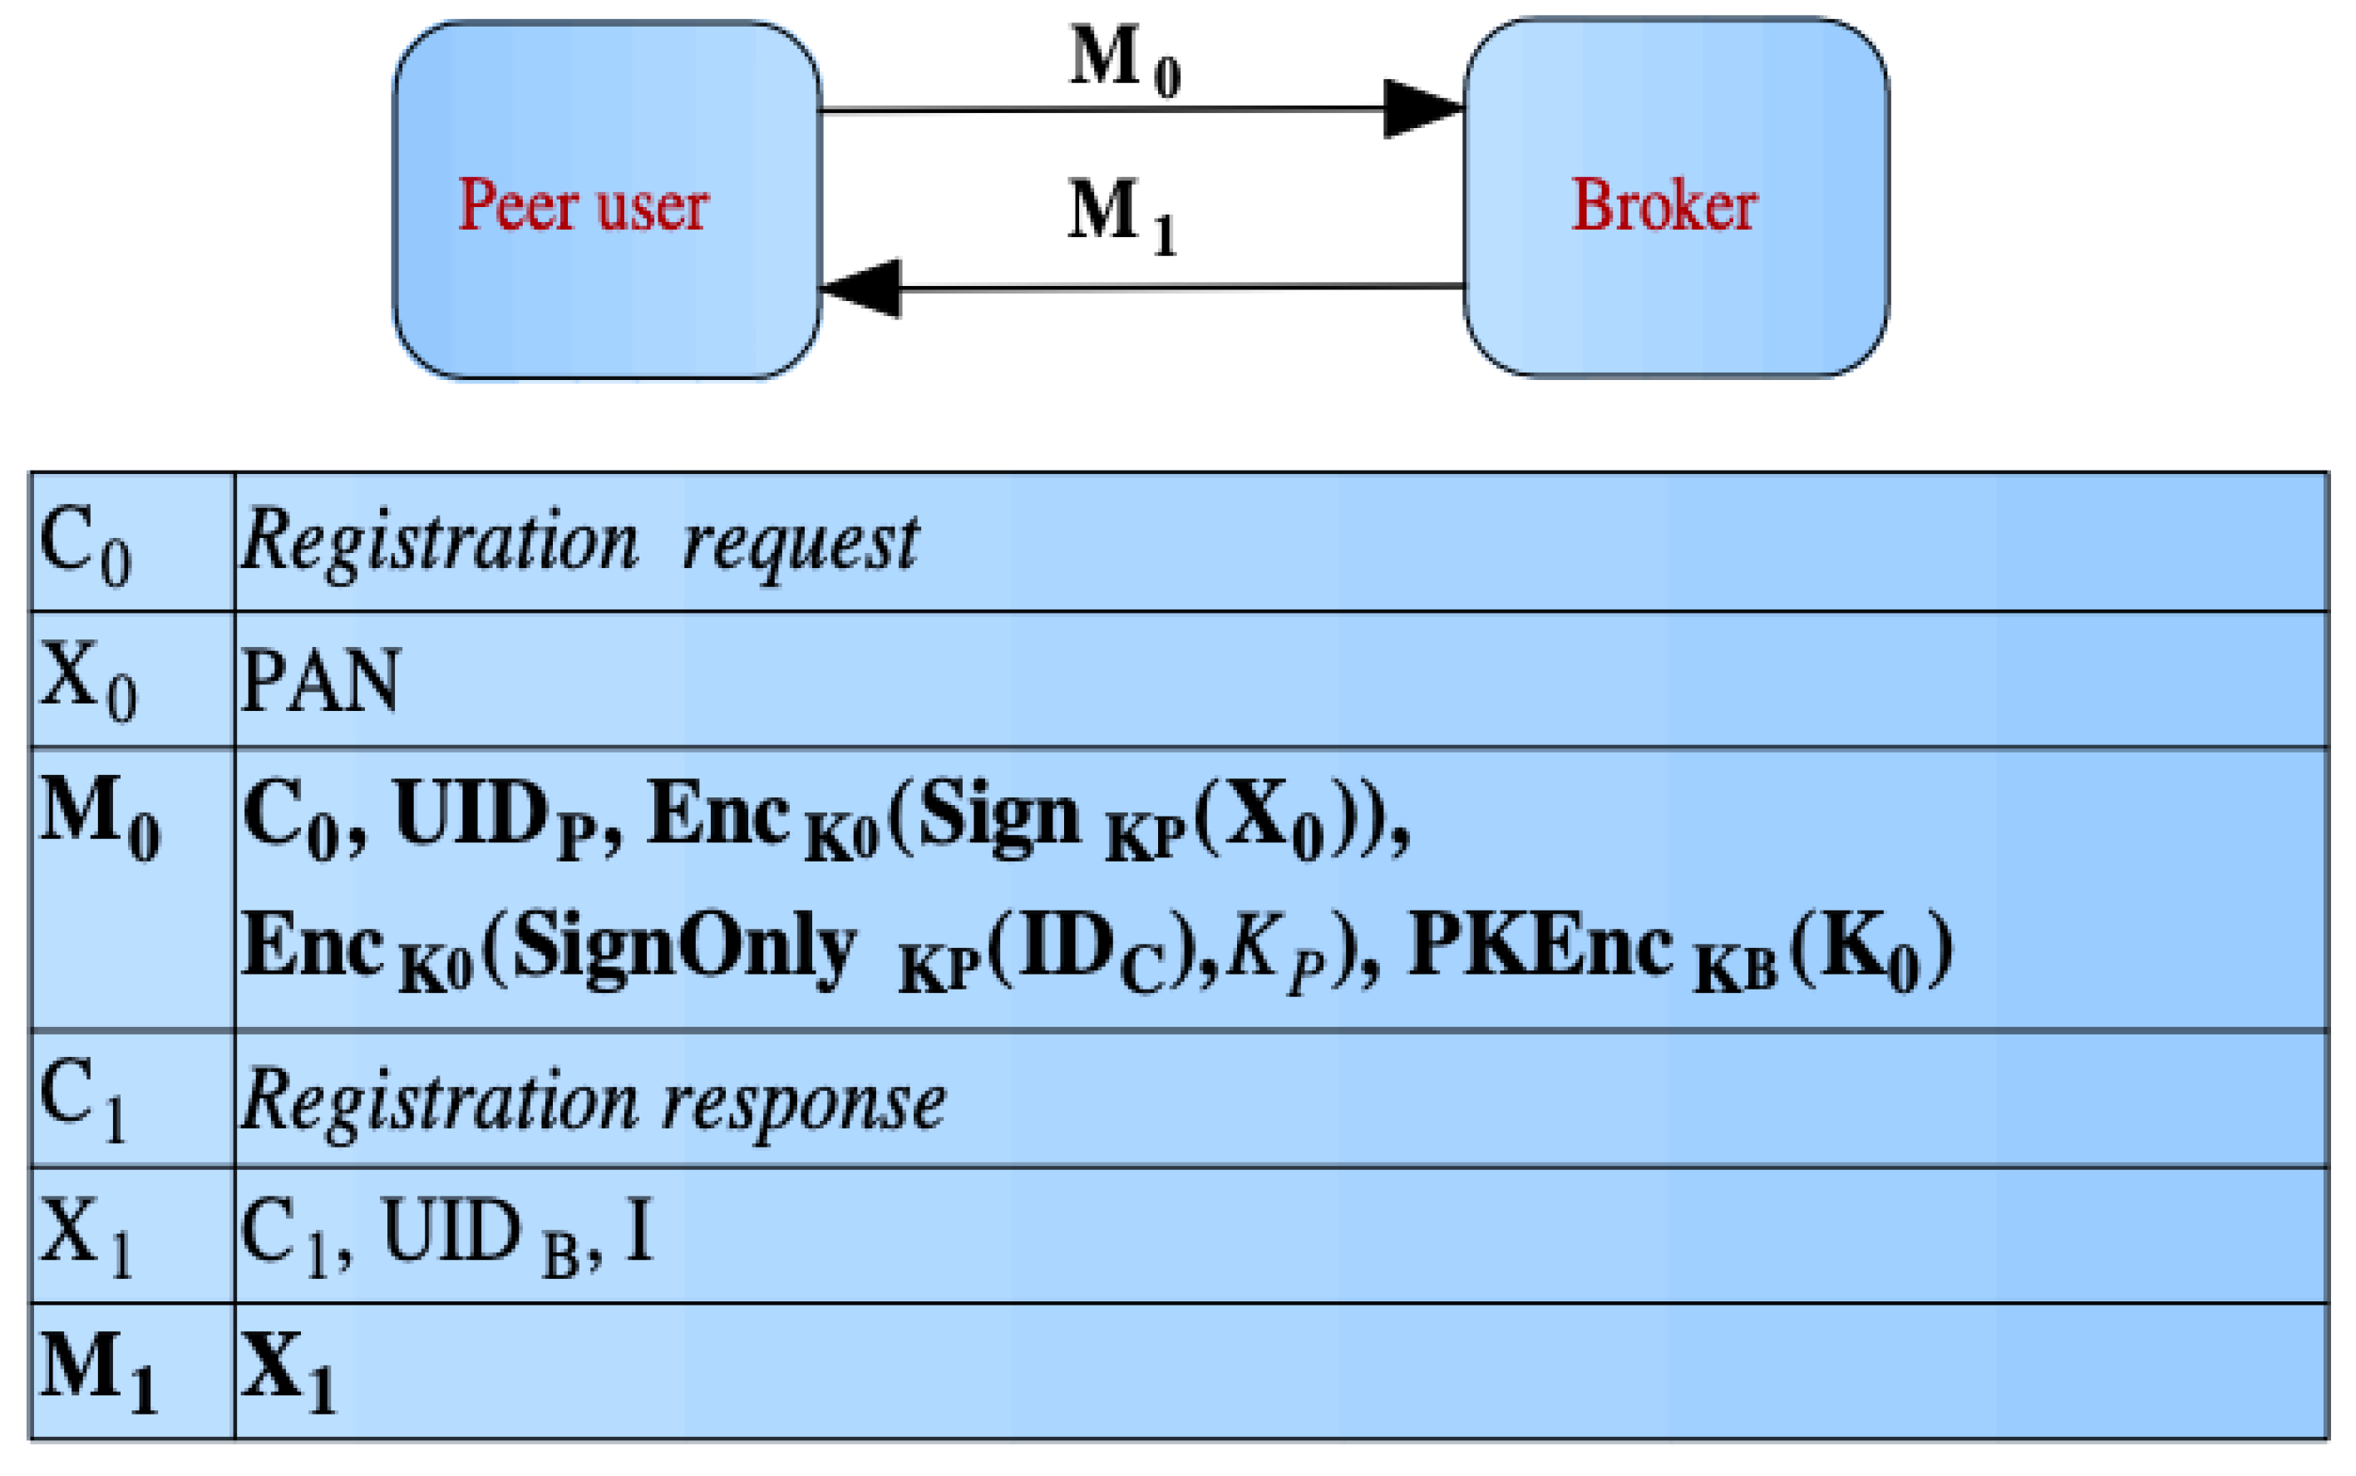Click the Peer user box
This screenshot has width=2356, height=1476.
606,200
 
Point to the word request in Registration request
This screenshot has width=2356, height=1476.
799,543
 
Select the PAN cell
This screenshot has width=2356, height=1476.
320,680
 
